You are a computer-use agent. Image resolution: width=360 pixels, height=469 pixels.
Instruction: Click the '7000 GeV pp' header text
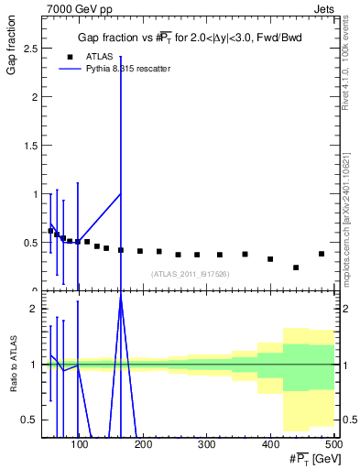[74, 8]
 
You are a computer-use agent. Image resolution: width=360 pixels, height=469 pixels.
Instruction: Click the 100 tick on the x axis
[80, 445]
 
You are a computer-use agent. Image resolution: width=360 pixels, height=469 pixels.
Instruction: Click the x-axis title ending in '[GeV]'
[311, 459]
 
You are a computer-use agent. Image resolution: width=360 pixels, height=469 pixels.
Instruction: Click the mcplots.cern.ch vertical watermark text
[351, 212]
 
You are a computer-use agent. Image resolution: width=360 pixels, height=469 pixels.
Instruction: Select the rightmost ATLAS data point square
[322, 254]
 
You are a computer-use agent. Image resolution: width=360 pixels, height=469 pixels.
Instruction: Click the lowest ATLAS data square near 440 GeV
[296, 267]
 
